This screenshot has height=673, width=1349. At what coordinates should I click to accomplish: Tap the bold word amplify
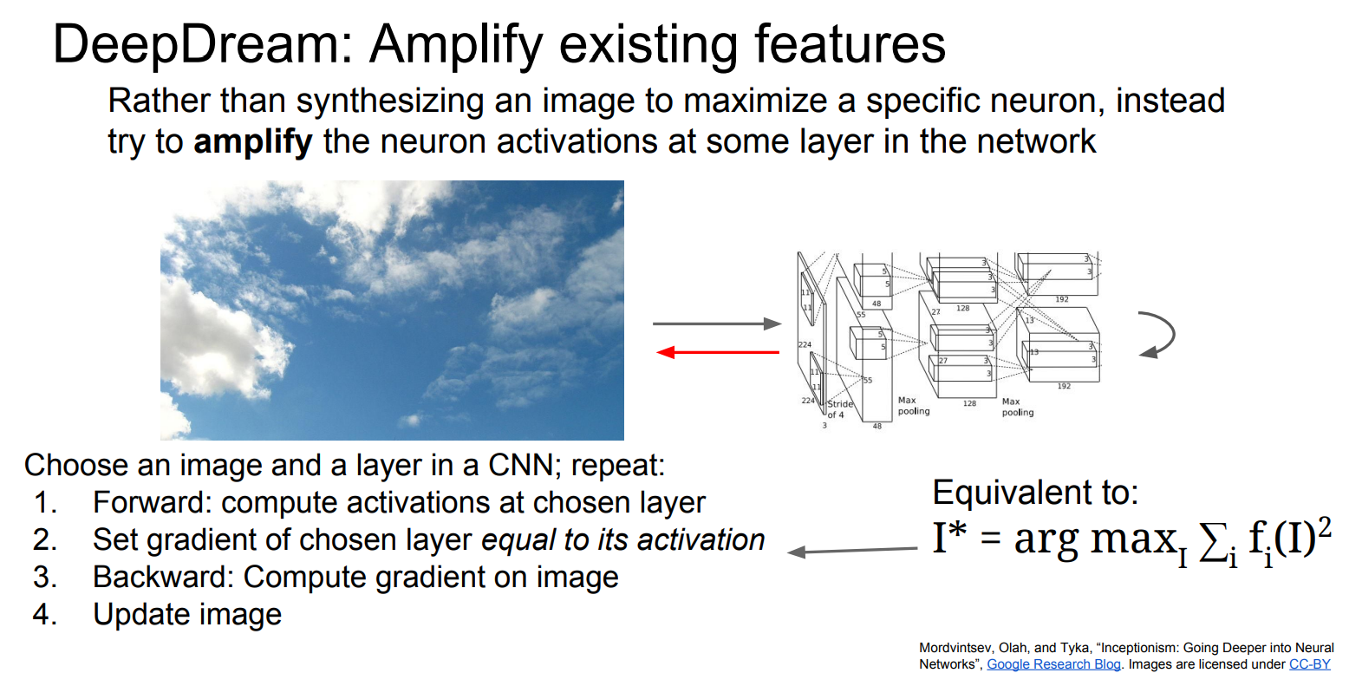(x=252, y=140)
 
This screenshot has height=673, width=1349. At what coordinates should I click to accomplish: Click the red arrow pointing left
(x=718, y=352)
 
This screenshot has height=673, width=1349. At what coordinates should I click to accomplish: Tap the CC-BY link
(x=1309, y=664)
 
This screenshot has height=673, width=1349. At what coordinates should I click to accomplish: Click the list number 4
(x=43, y=615)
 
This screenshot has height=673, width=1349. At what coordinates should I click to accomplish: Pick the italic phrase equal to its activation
(x=622, y=539)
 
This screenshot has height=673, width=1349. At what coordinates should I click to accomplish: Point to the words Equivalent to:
(x=1034, y=493)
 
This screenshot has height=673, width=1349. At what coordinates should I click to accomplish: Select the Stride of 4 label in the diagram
(x=840, y=409)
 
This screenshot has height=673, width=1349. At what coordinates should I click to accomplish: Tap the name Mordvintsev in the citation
(x=954, y=648)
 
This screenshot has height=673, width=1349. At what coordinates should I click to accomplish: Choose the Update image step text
(x=187, y=615)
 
